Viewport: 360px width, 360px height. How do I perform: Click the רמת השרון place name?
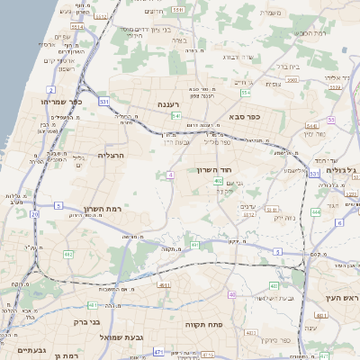[101, 209]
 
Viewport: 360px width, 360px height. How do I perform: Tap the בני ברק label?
[84, 319]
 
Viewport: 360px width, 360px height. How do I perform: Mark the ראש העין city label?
[337, 297]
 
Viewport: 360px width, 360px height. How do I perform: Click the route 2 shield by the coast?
[51, 90]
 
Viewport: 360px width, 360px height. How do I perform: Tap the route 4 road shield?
[169, 175]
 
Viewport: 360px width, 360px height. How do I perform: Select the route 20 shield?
[34, 215]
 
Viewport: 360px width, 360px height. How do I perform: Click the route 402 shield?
[219, 181]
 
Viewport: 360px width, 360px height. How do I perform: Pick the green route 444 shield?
[315, 212]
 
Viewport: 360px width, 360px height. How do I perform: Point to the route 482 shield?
[68, 254]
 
